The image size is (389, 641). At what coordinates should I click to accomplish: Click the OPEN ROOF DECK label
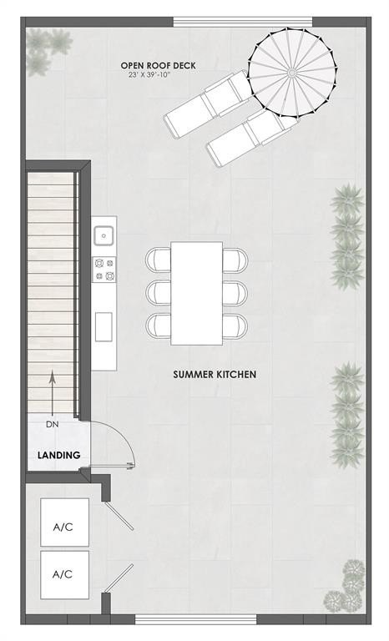click(x=158, y=64)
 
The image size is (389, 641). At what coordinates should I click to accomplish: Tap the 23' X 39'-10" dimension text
click(x=158, y=75)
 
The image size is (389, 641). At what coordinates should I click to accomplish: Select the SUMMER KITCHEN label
click(x=215, y=375)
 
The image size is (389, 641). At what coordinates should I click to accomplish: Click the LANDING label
click(x=58, y=455)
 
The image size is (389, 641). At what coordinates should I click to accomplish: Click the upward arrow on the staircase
click(x=52, y=392)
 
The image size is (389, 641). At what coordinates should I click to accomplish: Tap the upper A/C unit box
click(x=63, y=527)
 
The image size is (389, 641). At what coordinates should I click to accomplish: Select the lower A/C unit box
click(x=63, y=574)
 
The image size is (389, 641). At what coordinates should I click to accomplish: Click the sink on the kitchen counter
click(x=104, y=235)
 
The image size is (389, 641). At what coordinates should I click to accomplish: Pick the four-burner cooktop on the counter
click(x=104, y=268)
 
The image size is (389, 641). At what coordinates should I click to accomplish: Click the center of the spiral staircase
click(x=291, y=73)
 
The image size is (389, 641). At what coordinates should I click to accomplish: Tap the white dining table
click(x=197, y=293)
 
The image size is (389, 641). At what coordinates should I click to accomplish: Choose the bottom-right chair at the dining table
click(x=235, y=325)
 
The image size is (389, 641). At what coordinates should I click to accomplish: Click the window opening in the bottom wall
click(x=196, y=618)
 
